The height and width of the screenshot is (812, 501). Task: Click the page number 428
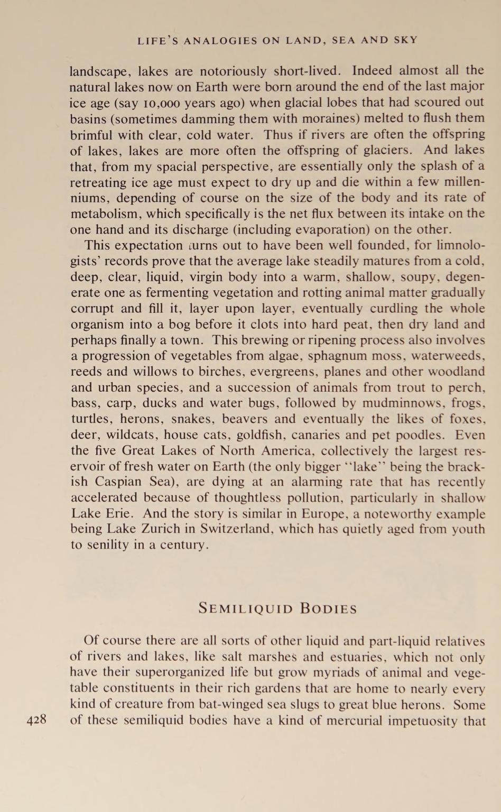coord(36,719)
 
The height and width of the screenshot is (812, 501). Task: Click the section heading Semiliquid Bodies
coord(277,608)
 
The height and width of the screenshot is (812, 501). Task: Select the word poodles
coord(421,435)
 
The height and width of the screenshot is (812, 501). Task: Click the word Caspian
coord(124,482)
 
